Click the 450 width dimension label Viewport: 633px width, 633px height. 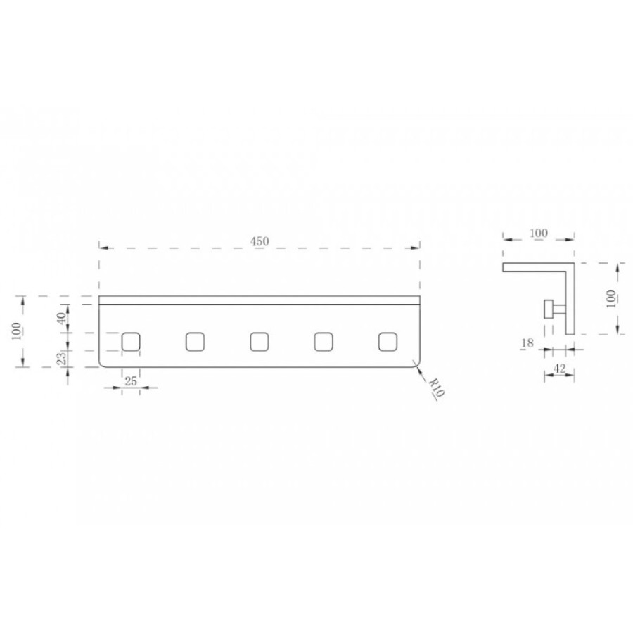pos(259,241)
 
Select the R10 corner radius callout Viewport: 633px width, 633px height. pos(436,388)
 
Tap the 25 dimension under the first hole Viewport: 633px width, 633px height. pos(131,381)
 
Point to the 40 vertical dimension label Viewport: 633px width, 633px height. pos(61,318)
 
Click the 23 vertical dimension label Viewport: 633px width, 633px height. pos(61,359)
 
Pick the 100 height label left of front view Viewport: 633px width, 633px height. pos(17,331)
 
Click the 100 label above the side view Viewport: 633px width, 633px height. pos(539,233)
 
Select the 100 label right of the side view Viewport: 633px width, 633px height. pos(611,299)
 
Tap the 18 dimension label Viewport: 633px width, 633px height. pos(527,343)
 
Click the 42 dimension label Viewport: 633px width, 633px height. pos(560,368)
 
